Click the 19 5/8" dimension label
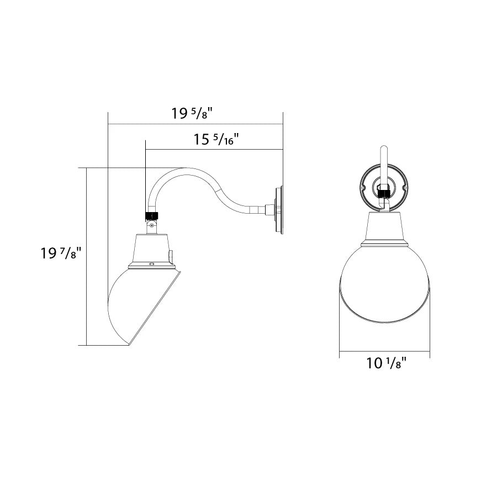[192, 113]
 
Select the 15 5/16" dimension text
[216, 139]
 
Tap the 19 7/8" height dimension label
[61, 253]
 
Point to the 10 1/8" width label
[386, 363]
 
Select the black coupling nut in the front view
[384, 193]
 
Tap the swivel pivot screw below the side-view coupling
[152, 225]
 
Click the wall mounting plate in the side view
[279, 210]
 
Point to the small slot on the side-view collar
[151, 263]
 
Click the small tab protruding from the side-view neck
[171, 257]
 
